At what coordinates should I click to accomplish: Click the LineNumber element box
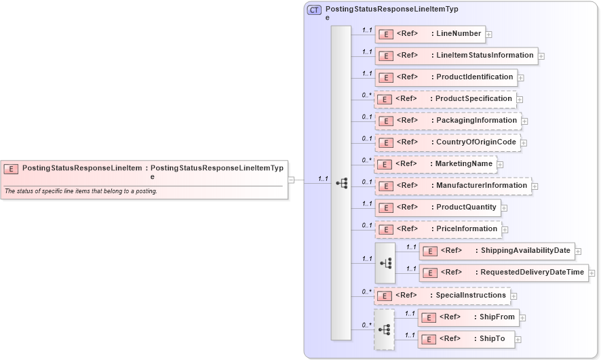click(430, 34)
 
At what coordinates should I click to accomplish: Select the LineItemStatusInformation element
click(457, 56)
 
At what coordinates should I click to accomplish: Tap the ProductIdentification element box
click(446, 77)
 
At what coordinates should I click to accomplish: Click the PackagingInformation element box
click(448, 121)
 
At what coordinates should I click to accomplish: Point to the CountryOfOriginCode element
click(448, 142)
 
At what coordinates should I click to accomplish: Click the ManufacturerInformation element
click(453, 186)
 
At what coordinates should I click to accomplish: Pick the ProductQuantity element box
click(438, 207)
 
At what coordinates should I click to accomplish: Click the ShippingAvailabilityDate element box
click(497, 252)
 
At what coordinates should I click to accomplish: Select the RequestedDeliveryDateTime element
click(503, 273)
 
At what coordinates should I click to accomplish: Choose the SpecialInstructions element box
click(442, 296)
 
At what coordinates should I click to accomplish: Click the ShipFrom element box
click(468, 317)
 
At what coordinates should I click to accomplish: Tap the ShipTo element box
click(466, 339)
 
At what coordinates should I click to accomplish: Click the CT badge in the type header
click(314, 10)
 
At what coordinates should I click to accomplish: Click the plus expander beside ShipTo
click(518, 340)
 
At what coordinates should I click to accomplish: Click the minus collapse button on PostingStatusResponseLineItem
click(291, 180)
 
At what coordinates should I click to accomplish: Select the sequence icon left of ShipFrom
click(384, 329)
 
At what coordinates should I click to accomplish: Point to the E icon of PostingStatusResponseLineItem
click(11, 168)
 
